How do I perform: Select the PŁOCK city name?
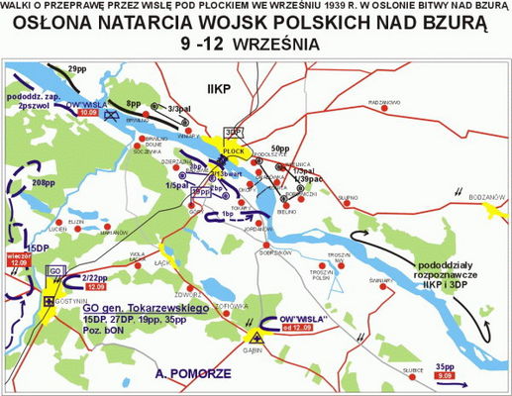(x=233, y=151)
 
